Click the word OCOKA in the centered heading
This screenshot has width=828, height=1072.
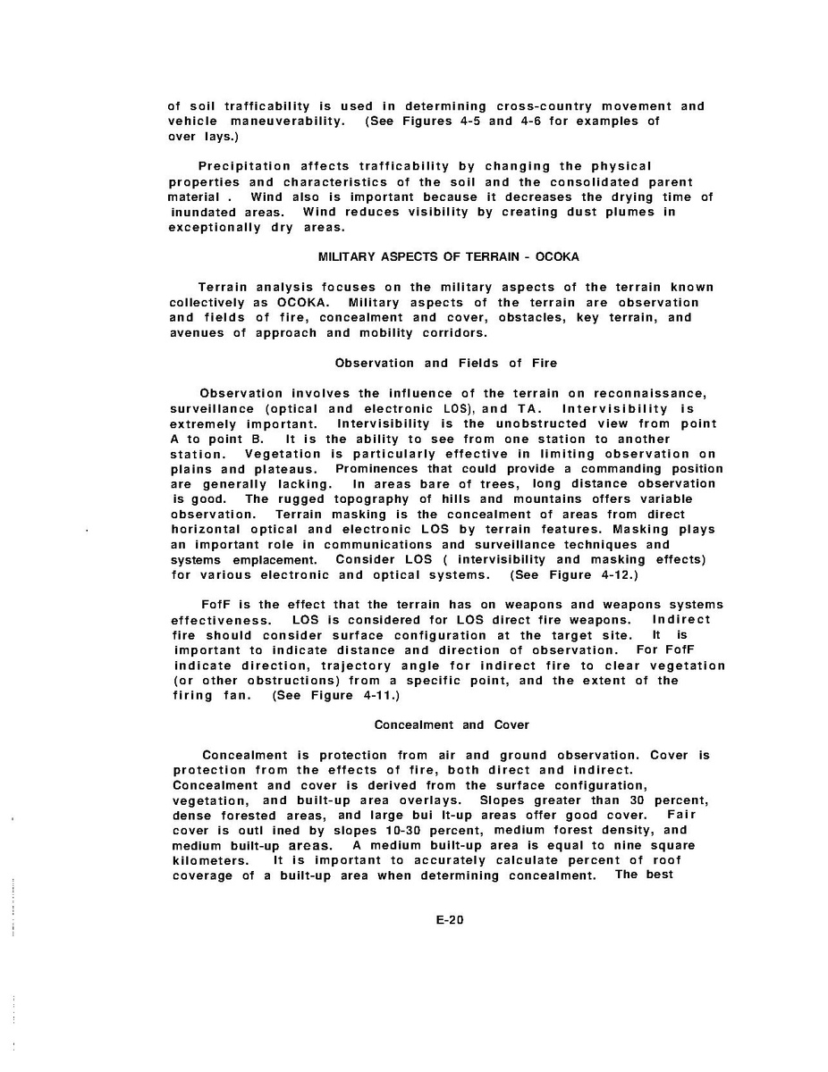[x=557, y=256]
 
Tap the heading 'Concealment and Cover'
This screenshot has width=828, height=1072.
[x=452, y=724]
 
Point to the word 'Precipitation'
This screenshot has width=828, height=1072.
[x=244, y=166]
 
